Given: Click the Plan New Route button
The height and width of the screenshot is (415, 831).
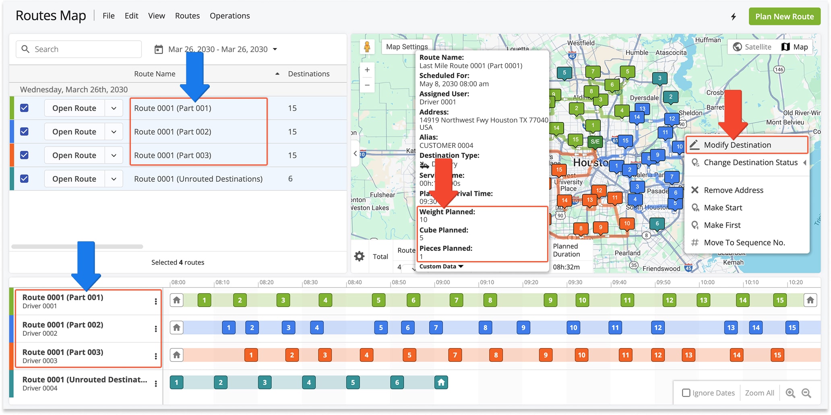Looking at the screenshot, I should (x=784, y=17).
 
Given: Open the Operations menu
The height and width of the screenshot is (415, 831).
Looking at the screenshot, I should (x=229, y=16).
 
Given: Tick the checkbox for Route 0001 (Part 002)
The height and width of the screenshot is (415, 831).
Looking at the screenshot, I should (x=25, y=132).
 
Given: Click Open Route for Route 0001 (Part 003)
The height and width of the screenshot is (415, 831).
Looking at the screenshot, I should (x=74, y=156).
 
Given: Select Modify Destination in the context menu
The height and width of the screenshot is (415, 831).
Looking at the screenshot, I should (x=737, y=145).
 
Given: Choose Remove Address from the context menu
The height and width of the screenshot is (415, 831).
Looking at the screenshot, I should (x=733, y=190).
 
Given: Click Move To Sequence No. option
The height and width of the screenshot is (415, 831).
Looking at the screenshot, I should (x=744, y=243).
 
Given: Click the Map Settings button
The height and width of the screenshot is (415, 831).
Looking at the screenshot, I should (x=407, y=46).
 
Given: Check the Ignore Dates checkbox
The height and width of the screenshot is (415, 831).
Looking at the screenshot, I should (x=686, y=393).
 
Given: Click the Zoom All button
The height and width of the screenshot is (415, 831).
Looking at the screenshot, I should (x=759, y=393).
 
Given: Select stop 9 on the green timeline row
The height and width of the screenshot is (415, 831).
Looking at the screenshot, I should (x=550, y=300).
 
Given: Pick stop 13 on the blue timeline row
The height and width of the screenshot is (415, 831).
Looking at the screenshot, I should (x=731, y=328).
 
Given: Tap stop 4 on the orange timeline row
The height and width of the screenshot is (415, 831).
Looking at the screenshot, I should (x=366, y=355).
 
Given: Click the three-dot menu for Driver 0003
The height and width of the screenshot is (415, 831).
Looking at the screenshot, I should (x=156, y=356).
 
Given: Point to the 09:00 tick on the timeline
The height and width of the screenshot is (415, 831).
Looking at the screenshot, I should (x=443, y=282).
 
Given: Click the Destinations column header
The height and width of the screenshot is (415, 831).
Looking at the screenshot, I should (x=308, y=74).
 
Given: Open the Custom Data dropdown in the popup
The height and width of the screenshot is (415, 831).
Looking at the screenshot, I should (x=441, y=266).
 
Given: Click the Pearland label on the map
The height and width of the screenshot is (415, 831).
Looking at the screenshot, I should (x=627, y=253).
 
